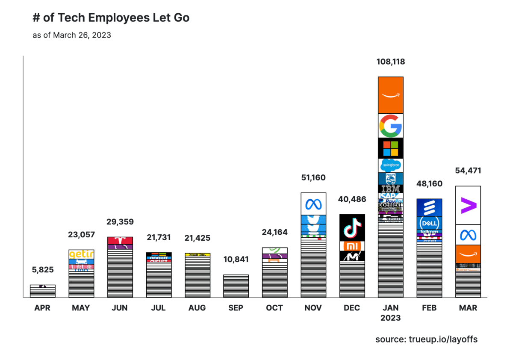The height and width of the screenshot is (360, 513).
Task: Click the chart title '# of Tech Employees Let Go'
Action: (x=111, y=18)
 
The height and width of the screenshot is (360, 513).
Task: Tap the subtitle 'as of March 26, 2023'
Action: (x=72, y=35)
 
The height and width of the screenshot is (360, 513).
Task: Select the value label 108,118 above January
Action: (x=390, y=62)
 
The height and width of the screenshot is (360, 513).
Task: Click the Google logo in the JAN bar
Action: (x=390, y=126)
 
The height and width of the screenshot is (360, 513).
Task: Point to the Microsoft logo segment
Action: (x=390, y=148)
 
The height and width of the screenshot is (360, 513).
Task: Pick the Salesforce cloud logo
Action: (x=390, y=165)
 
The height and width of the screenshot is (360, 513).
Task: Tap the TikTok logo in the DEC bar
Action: (x=352, y=227)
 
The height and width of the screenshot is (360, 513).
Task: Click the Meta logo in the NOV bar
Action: (x=313, y=204)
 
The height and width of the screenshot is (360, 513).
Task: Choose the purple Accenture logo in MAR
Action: (x=468, y=205)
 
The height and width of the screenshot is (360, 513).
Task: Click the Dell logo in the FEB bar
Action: (x=429, y=223)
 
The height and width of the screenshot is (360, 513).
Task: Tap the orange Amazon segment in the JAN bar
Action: (x=390, y=95)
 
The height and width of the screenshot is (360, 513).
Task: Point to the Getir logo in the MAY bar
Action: (x=81, y=254)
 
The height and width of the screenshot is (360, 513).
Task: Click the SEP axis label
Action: (x=236, y=308)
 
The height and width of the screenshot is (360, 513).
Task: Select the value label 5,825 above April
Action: (x=43, y=270)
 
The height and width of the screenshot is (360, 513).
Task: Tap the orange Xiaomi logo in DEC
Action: (x=352, y=246)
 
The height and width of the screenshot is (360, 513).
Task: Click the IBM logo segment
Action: (x=390, y=189)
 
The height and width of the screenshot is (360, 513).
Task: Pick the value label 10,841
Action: (x=236, y=260)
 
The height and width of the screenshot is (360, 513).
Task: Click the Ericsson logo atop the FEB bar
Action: (x=429, y=208)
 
